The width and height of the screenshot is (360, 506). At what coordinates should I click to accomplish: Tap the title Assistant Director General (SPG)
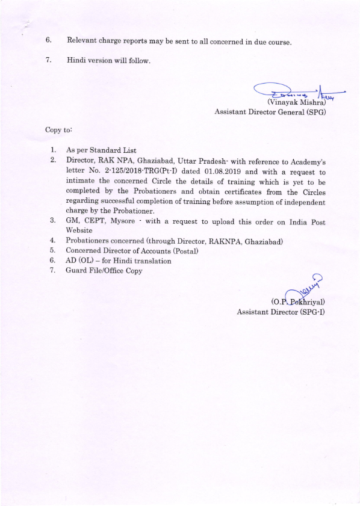(270, 112)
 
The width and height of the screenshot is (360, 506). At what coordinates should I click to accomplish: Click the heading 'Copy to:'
(58, 129)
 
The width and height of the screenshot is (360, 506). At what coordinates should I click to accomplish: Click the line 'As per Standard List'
(101, 150)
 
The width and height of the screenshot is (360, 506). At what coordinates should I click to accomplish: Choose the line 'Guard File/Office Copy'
(104, 270)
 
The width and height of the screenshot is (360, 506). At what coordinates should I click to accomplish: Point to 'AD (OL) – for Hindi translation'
(119, 261)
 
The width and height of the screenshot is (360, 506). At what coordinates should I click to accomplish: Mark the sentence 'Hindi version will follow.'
(109, 61)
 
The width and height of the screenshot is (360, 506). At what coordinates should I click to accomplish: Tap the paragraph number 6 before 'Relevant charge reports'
(48, 41)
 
